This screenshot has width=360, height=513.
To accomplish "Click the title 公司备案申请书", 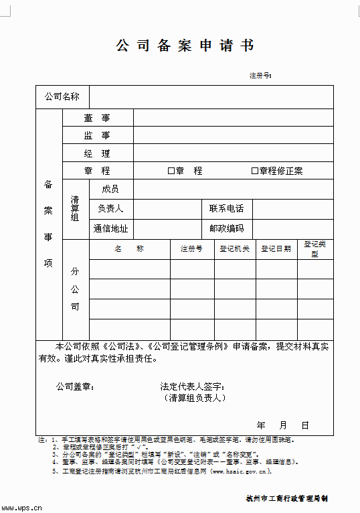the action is click(x=185, y=46).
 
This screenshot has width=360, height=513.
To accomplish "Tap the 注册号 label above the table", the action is click(x=260, y=75).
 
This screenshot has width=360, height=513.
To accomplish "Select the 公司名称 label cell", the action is click(x=62, y=97).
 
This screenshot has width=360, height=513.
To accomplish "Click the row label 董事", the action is click(x=97, y=118).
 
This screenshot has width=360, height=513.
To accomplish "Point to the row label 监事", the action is click(x=97, y=135).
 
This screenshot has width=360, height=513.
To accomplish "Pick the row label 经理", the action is click(x=97, y=153).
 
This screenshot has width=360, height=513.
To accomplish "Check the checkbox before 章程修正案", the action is click(x=254, y=171).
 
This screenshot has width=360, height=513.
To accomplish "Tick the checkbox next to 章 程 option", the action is click(x=171, y=171).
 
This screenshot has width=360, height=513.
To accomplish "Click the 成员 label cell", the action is click(x=110, y=190).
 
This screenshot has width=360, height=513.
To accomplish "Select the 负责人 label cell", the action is click(x=110, y=209).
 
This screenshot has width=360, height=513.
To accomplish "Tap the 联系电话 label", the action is click(x=226, y=209).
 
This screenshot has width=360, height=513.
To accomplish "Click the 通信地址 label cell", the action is click(x=110, y=228).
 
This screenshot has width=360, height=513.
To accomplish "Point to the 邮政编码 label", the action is click(x=226, y=228).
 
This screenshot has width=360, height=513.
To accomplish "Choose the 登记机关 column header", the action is click(x=235, y=249).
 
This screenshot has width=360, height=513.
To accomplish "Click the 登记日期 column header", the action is click(x=276, y=249).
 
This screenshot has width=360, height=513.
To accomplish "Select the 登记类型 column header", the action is click(x=314, y=249).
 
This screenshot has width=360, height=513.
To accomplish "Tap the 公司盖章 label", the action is click(x=74, y=386).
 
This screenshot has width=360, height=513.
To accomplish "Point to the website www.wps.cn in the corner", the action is click(x=24, y=507).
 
